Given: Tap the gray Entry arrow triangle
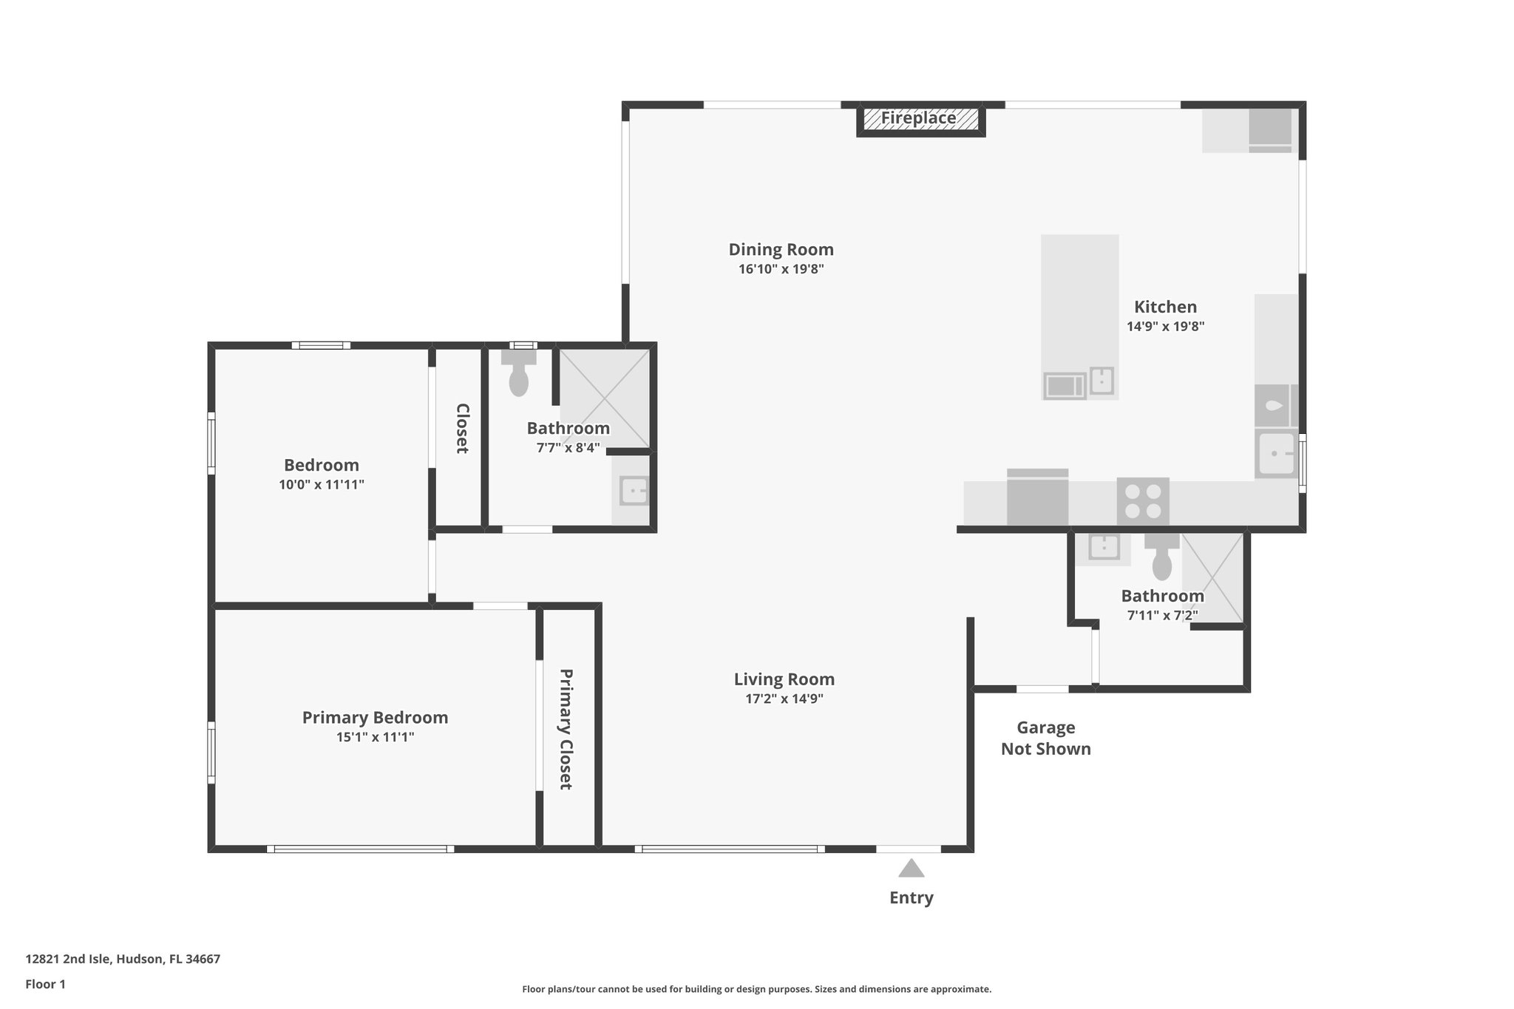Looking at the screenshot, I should pyautogui.click(x=911, y=869).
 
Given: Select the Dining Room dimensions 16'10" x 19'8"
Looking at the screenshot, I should pyautogui.click(x=781, y=270).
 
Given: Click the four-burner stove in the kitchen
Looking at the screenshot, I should pyautogui.click(x=1142, y=500).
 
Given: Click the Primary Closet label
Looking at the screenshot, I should pyautogui.click(x=566, y=729).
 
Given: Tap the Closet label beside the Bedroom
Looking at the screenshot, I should pyautogui.click(x=462, y=428).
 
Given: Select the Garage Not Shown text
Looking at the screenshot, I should pyautogui.click(x=1045, y=738).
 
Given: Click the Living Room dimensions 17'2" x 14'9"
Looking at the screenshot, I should pyautogui.click(x=784, y=699).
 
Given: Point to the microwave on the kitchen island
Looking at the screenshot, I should pyautogui.click(x=1065, y=386).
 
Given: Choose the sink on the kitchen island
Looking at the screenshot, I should pyautogui.click(x=1101, y=381).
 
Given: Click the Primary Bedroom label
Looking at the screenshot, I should pyautogui.click(x=375, y=718).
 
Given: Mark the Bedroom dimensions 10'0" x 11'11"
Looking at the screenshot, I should pyautogui.click(x=322, y=486).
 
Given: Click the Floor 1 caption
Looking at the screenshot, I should pyautogui.click(x=46, y=985).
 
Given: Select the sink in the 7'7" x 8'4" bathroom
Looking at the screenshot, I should pyautogui.click(x=634, y=492).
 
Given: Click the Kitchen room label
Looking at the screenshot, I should pyautogui.click(x=1165, y=307).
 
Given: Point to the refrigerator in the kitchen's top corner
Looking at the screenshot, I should pyautogui.click(x=1270, y=129).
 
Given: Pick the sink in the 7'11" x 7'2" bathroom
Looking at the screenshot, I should pyautogui.click(x=1104, y=548).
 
